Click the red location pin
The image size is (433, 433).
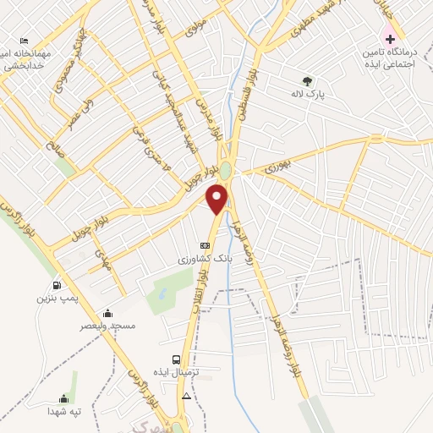pyautogui.click(x=217, y=199)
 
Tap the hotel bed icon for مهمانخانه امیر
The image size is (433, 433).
pyautogui.click(x=25, y=41)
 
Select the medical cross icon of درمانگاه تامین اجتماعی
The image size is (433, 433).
pyautogui.click(x=390, y=39)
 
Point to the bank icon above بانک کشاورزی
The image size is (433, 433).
pyautogui.click(x=203, y=245)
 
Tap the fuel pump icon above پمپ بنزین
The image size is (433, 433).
pyautogui.click(x=57, y=285)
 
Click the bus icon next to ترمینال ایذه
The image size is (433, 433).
pyautogui.click(x=176, y=359)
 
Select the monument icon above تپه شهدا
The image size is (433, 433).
pyautogui.click(x=63, y=398)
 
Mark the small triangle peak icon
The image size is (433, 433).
pyautogui.click(x=186, y=395)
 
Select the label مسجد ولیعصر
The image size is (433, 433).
pyautogui.click(x=107, y=325)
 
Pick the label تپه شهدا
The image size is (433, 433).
pyautogui.click(x=63, y=411)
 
